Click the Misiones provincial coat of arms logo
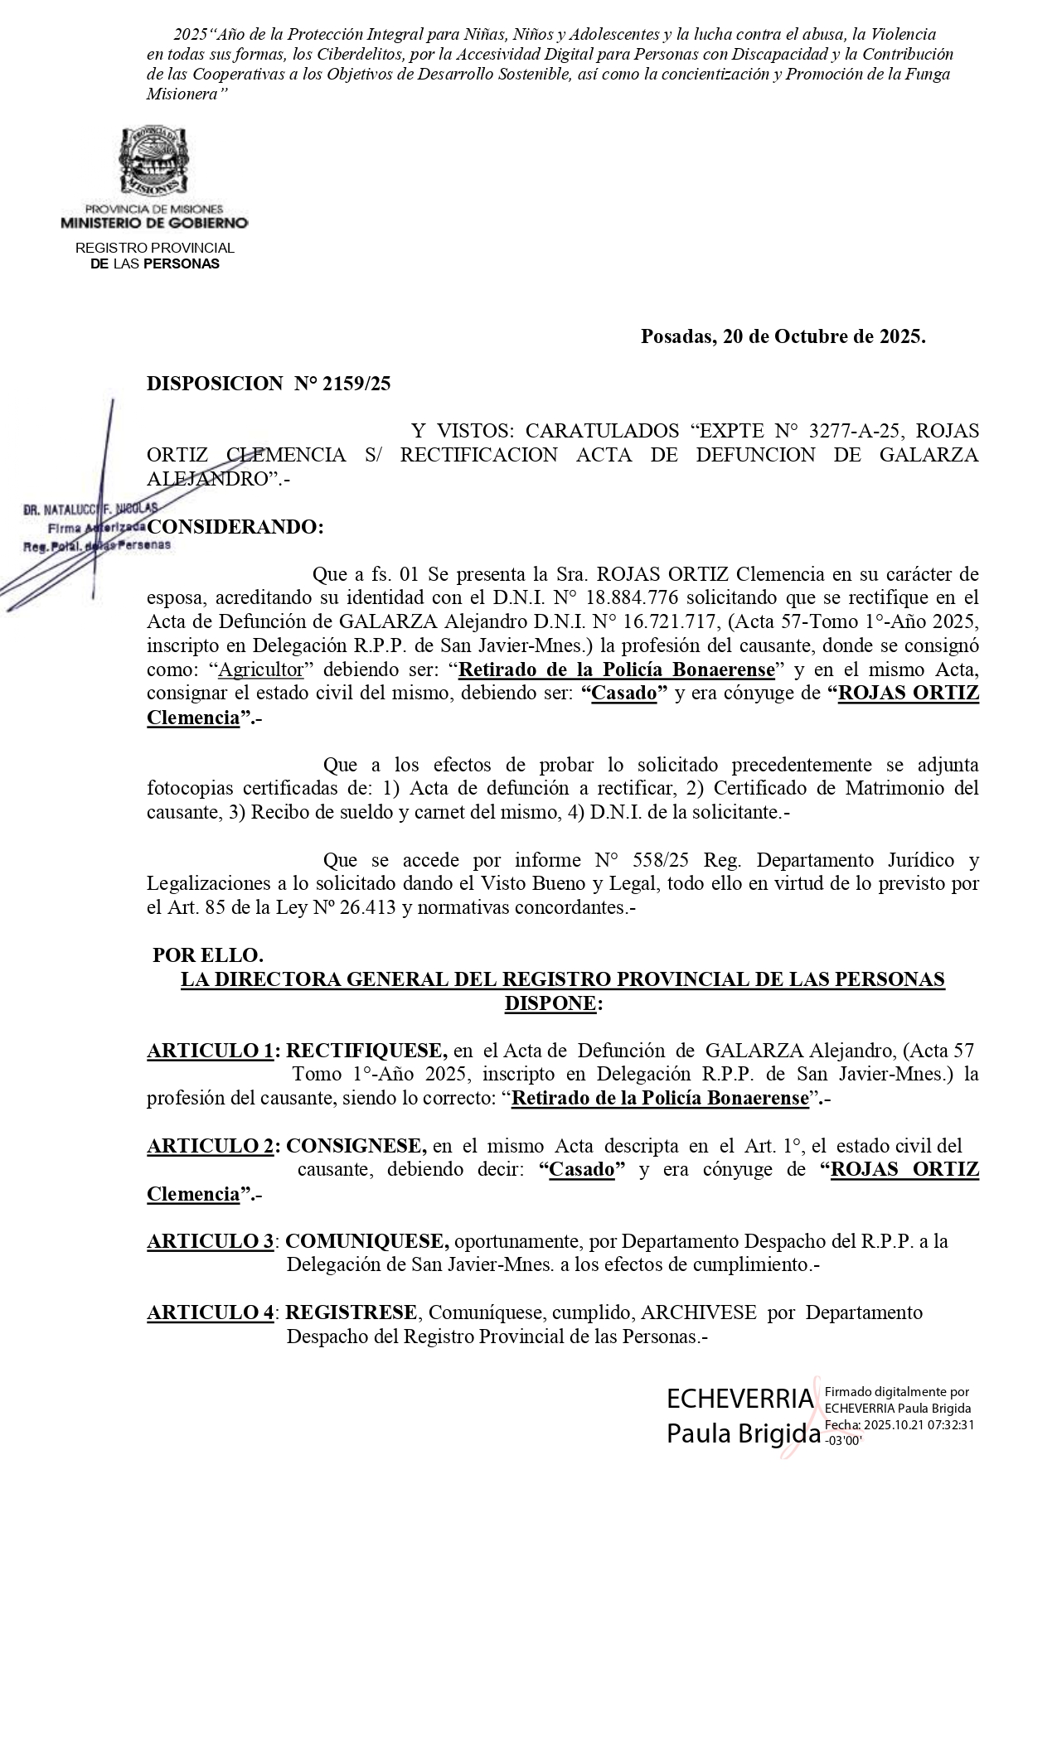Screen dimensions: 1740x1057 [x=154, y=162]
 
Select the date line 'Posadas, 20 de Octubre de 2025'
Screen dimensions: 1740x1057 [x=783, y=336]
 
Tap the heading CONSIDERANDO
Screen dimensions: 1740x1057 [x=235, y=527]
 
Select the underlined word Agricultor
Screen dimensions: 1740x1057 [x=260, y=669]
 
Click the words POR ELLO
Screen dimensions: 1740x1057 [x=208, y=955]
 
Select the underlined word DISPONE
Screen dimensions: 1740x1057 [x=550, y=1003]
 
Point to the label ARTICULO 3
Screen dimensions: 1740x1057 [x=210, y=1241]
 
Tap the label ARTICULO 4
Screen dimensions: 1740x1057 [x=210, y=1312]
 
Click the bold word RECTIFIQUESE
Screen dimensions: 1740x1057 [x=366, y=1051]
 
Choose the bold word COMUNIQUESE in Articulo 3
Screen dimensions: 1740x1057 [x=367, y=1241]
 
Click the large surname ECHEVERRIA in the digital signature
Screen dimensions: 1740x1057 [x=739, y=1399]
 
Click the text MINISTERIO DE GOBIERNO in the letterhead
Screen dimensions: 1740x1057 [x=154, y=223]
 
